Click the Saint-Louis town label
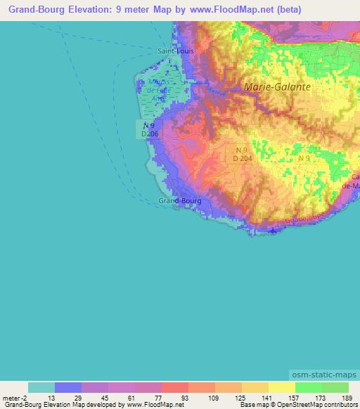pyautogui.click(x=175, y=51)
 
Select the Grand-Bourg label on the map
pyautogui.click(x=180, y=201)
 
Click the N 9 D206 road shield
pyautogui.click(x=146, y=128)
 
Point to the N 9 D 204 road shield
pyautogui.click(x=242, y=154)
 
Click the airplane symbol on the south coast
pyautogui.click(x=272, y=231)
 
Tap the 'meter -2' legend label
pyautogui.click(x=15, y=398)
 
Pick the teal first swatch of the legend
pyautogui.click(x=41, y=387)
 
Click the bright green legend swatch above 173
pyautogui.click(x=309, y=387)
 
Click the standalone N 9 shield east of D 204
pyautogui.click(x=303, y=160)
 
